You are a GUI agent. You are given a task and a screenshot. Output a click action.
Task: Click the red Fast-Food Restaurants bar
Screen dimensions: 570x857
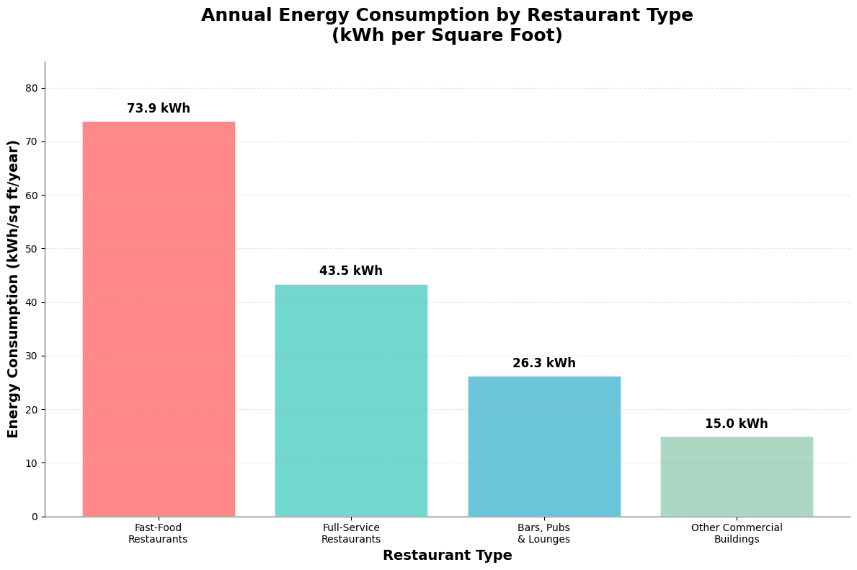click(x=159, y=319)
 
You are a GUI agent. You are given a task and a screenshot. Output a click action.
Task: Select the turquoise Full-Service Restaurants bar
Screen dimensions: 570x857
click(x=351, y=400)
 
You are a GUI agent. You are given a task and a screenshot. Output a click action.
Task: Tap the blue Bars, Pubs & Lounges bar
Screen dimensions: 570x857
click(x=544, y=446)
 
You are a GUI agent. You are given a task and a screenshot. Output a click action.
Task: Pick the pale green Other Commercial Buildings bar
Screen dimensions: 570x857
click(x=737, y=476)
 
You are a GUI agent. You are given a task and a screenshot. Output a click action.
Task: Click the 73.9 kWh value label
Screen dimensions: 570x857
click(x=159, y=109)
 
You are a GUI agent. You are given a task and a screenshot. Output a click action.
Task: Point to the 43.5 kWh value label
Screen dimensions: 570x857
click(x=351, y=271)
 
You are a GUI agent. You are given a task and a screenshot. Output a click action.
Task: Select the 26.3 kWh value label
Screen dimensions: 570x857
click(x=544, y=364)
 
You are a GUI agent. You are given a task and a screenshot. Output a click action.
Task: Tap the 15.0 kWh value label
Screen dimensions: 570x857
click(x=737, y=424)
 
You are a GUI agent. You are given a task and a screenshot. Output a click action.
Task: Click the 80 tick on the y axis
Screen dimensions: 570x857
click(x=32, y=89)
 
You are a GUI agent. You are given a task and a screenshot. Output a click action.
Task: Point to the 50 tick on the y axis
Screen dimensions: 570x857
click(x=32, y=249)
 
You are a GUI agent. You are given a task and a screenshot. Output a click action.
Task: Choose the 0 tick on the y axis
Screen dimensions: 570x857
click(x=35, y=517)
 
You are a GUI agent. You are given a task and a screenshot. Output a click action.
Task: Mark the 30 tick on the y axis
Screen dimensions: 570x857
click(x=32, y=356)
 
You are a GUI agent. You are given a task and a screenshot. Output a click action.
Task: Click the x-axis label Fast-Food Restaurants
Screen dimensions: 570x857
click(x=158, y=534)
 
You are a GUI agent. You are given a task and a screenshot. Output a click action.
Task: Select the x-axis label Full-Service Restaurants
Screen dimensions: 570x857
click(x=351, y=534)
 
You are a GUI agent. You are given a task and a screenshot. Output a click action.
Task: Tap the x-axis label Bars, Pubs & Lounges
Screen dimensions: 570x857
click(x=544, y=534)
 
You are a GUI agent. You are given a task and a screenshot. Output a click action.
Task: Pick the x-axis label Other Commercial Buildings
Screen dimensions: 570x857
click(x=737, y=534)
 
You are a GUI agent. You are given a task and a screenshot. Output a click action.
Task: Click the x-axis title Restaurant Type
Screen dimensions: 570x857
click(x=447, y=556)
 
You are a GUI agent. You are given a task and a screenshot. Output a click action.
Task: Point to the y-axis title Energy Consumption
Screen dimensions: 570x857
click(x=14, y=289)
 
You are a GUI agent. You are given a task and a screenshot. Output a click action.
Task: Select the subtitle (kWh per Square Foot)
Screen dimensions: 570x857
click(x=447, y=36)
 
